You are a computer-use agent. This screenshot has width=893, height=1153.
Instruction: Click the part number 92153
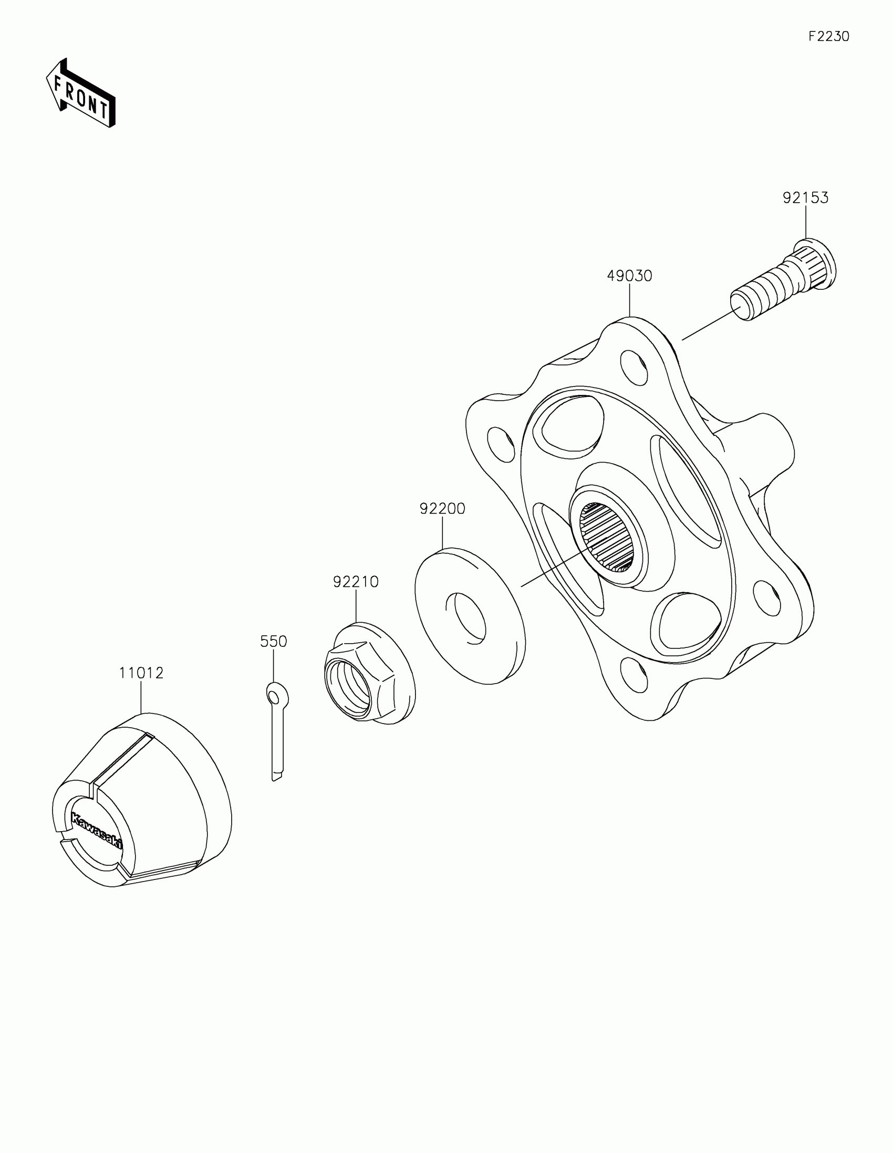805,198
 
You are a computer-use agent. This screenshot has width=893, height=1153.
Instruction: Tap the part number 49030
629,276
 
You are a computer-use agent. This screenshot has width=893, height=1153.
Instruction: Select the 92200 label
442,508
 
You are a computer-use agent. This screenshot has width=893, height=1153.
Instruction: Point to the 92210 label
356,581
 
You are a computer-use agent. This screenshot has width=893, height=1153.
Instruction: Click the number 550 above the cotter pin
273,642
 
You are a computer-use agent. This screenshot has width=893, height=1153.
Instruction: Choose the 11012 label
141,673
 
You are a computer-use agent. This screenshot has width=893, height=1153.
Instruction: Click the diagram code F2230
828,36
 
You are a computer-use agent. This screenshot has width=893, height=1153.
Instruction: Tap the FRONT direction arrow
81,93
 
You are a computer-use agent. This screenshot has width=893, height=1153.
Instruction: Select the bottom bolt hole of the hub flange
633,675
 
